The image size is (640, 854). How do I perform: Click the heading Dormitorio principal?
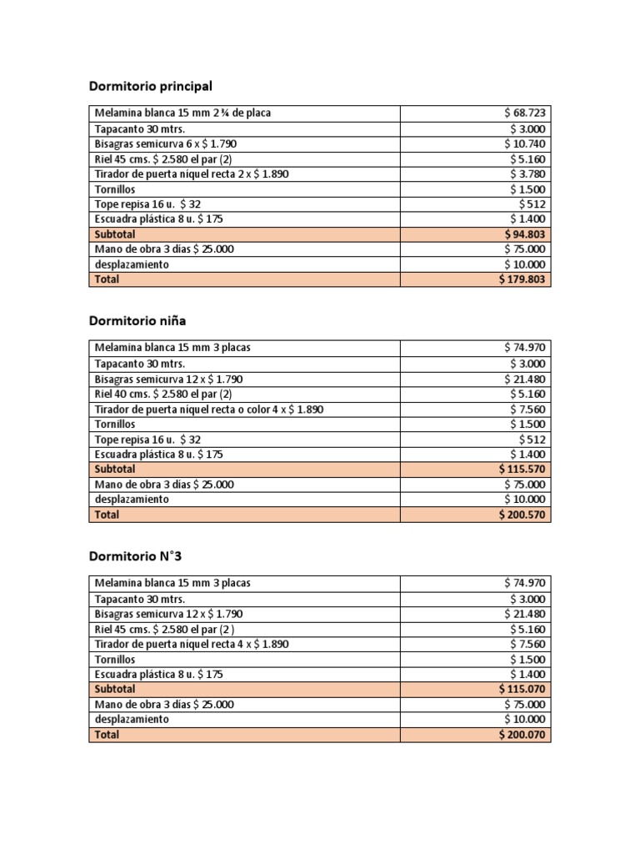[150, 86]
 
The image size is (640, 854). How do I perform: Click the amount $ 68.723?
[525, 113]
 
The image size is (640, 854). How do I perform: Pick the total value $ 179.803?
[522, 279]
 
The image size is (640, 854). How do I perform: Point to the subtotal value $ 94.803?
[525, 234]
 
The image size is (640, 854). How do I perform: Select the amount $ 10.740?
[525, 143]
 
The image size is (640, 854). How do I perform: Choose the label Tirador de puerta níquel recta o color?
[208, 409]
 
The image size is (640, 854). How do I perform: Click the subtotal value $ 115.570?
[522, 470]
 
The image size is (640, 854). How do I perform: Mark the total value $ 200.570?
[522, 515]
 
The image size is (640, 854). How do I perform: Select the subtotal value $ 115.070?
[522, 690]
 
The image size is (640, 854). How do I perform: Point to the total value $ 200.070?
[522, 735]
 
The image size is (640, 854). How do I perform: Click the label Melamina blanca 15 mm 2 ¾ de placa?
[182, 113]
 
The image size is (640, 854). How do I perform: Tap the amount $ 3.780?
[528, 173]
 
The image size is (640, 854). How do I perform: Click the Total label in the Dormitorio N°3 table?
[107, 735]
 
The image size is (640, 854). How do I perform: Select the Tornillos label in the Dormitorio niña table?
[115, 424]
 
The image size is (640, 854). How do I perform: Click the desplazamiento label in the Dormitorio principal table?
[132, 264]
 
